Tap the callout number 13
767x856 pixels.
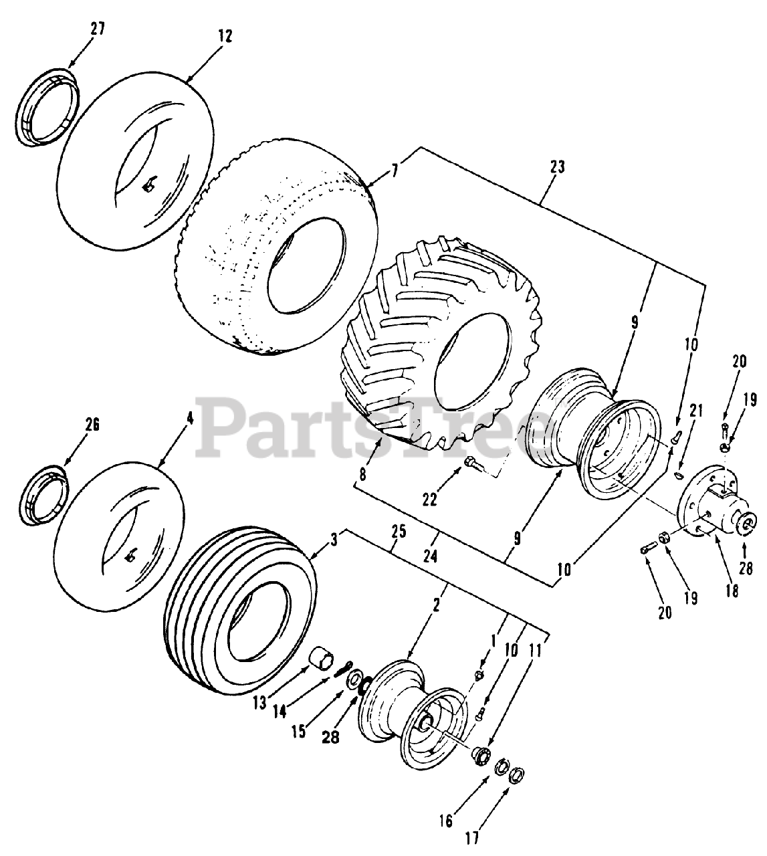(259, 702)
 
